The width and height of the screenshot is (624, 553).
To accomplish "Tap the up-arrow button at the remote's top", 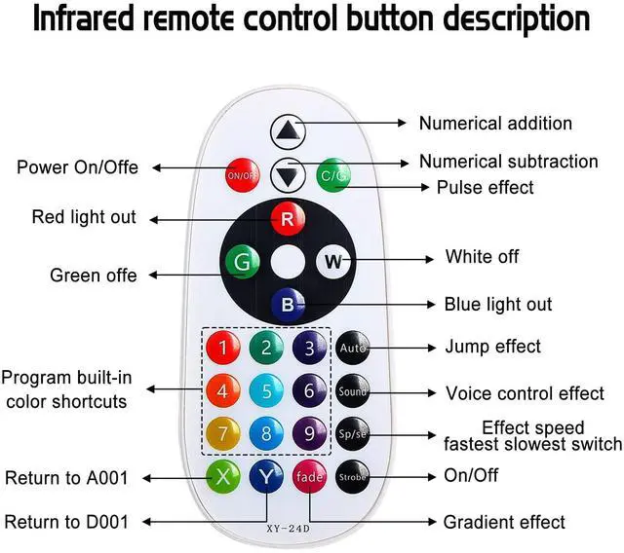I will click(x=288, y=130).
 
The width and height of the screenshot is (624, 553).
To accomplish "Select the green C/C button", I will click(x=334, y=175).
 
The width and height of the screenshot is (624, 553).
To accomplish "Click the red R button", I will click(x=287, y=219).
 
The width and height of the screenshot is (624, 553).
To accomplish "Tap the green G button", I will click(x=241, y=262).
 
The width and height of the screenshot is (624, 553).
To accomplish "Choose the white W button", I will click(x=332, y=261).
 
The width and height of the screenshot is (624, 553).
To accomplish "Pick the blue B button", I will click(x=287, y=305).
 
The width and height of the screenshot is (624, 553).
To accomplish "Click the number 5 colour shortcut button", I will click(x=266, y=392).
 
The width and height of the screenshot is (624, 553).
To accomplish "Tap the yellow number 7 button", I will click(x=223, y=431).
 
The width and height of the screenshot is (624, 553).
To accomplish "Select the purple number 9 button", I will click(x=309, y=431).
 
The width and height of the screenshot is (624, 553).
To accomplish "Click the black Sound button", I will click(x=352, y=392).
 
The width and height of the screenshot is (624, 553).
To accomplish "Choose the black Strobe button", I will click(x=352, y=477).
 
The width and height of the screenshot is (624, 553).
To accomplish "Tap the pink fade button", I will click(x=309, y=477).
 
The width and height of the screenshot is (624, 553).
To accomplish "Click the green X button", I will click(x=223, y=476).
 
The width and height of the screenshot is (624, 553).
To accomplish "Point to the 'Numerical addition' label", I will click(x=495, y=124).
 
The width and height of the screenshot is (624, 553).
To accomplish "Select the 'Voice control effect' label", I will click(x=525, y=393).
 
